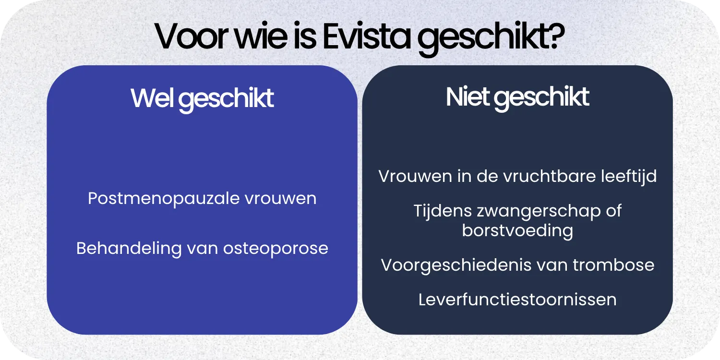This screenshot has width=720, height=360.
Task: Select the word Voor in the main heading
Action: pos(190,37)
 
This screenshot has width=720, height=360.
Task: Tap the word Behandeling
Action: pos(129,248)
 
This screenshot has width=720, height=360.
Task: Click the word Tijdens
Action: pos(442,211)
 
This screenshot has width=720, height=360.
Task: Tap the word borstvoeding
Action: pos(517,231)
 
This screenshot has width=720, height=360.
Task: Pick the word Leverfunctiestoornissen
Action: pos(517,300)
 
